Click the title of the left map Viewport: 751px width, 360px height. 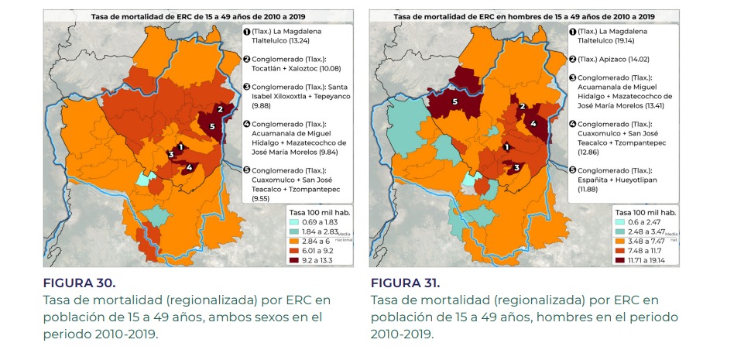point(199,15)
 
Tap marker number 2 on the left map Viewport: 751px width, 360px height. point(221,110)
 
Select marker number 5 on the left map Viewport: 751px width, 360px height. point(211,127)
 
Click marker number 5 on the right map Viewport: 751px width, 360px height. point(455,101)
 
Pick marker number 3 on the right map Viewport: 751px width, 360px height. point(516,166)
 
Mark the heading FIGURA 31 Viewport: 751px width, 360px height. point(405,283)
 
